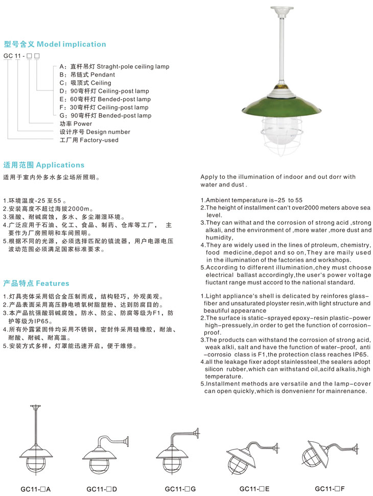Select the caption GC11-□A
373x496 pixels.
tap(36, 489)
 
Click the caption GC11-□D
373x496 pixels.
tap(102, 489)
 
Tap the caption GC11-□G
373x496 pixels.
tap(180, 489)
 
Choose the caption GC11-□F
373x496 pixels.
tap(330, 488)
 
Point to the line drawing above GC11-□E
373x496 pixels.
tap(252, 455)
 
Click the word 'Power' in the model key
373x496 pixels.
tap(83, 124)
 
